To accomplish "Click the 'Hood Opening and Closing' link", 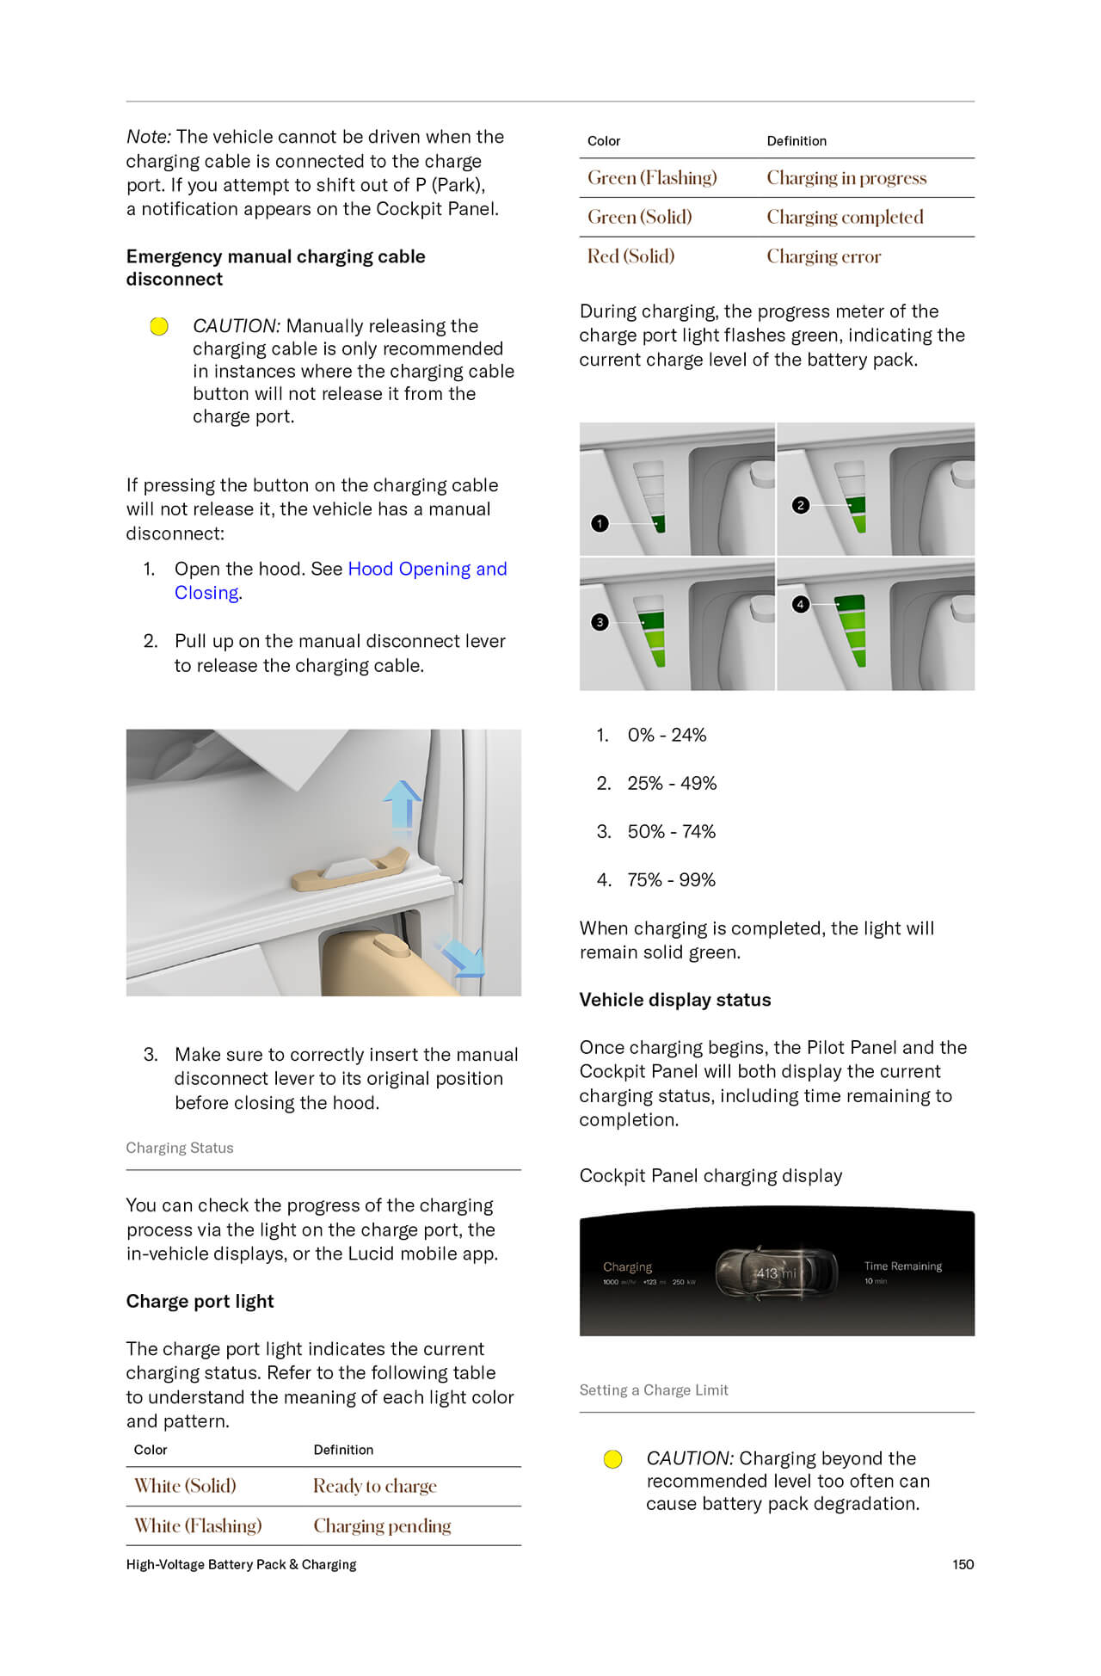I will pos(427,569).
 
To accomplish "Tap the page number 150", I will pos(963,1564).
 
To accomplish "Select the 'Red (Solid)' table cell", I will pos(630,256).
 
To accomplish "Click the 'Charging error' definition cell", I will pos(823,256).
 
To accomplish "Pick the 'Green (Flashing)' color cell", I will pos(651,178).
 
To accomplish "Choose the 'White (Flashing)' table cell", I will pos(198,1525).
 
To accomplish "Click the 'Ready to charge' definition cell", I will pos(374,1486).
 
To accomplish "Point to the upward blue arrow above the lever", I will pos(401,804).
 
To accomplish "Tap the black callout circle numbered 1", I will pos(600,523).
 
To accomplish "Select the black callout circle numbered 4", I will pos(800,604).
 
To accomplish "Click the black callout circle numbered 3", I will pos(600,622).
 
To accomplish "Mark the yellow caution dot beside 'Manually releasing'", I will pos(159,326).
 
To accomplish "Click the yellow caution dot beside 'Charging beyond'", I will pos(612,1459).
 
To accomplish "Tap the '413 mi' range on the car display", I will pos(776,1272).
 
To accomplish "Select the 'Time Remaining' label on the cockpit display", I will pos(902,1266).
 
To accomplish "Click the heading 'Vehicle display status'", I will pos(674,1000).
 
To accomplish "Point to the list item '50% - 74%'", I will pos(671,831).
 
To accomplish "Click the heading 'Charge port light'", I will pos(200,1301).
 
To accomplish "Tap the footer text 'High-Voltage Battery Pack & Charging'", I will pos(241,1564).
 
